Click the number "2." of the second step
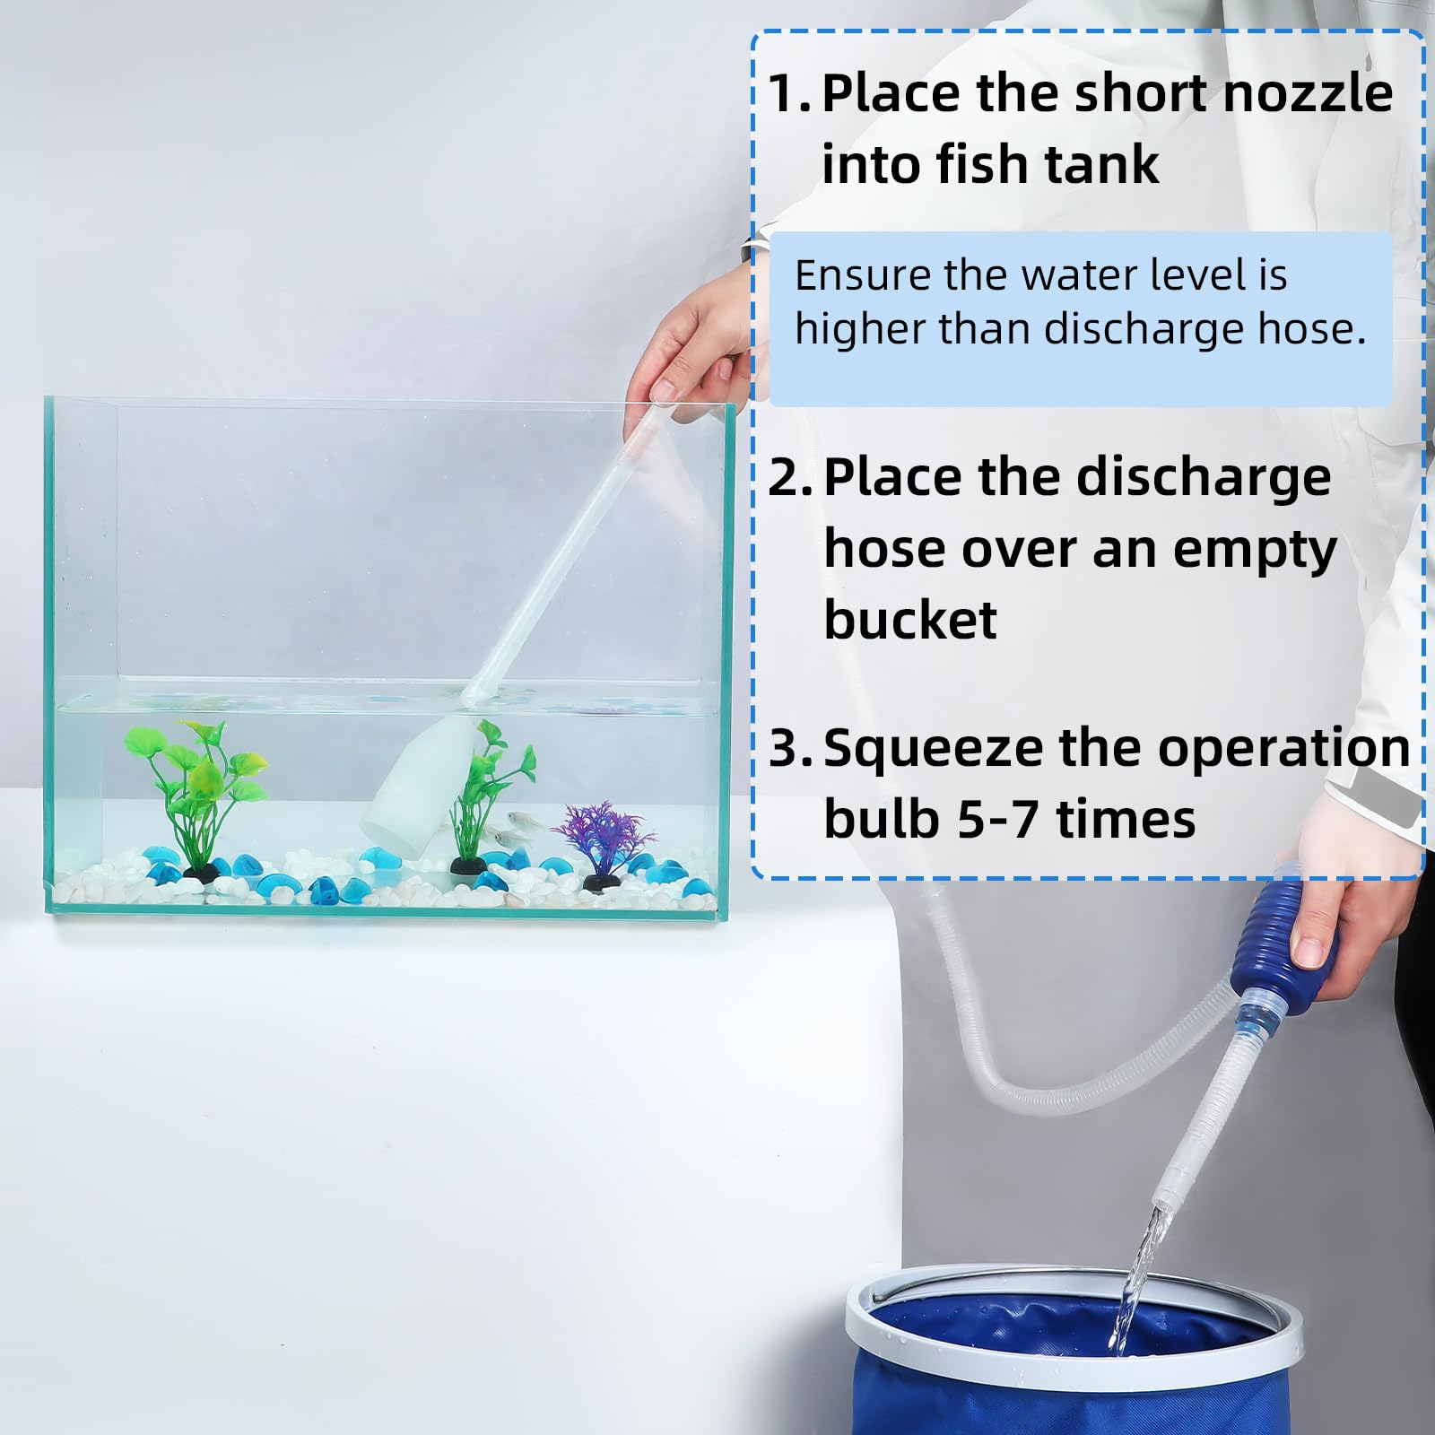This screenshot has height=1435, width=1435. click(790, 478)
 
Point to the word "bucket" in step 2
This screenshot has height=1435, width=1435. click(909, 620)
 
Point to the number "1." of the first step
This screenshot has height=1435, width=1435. click(789, 94)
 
